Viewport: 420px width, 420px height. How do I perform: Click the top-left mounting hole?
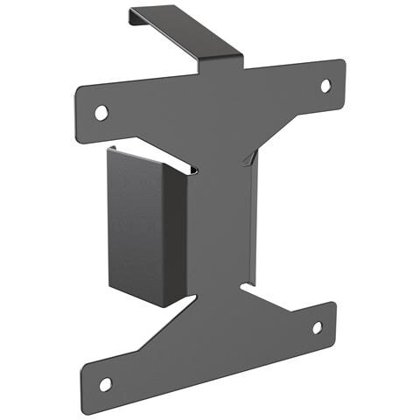[101, 112]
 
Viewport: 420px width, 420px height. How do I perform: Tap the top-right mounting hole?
[325, 86]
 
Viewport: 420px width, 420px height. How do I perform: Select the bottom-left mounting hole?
[105, 383]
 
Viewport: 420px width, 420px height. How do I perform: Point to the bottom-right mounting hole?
[317, 327]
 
